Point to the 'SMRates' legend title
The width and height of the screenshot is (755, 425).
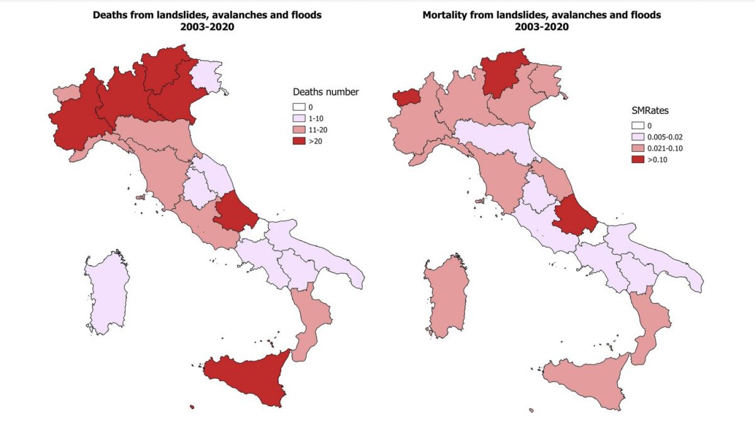(650, 110)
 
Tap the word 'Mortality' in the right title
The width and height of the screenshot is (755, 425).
(445, 14)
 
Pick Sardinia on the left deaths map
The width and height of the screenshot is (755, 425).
(107, 293)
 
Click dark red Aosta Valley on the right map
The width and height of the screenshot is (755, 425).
(404, 97)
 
